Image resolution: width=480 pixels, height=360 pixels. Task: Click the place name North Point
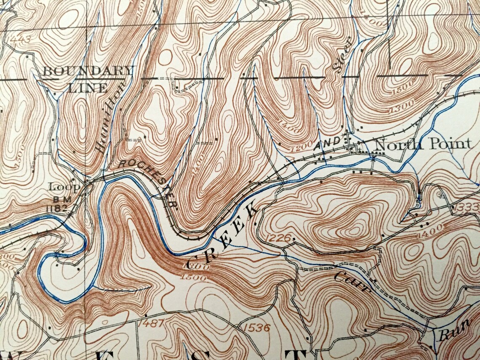click(422, 144)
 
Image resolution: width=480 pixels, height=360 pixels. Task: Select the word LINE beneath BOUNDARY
click(88, 88)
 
